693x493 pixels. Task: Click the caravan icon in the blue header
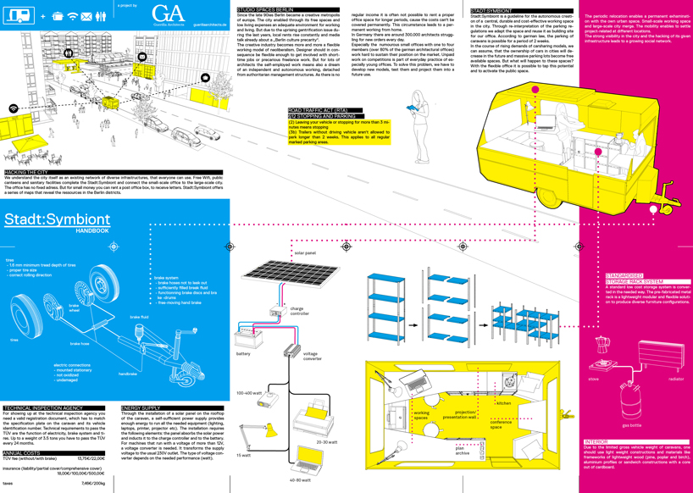pyautogui.click(x=19, y=15)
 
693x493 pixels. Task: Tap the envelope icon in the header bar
pyautogui.click(x=86, y=16)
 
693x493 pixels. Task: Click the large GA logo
pyautogui.click(x=168, y=14)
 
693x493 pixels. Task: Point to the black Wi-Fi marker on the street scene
pyautogui.click(x=14, y=109)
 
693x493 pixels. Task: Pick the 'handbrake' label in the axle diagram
pyautogui.click(x=129, y=373)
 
